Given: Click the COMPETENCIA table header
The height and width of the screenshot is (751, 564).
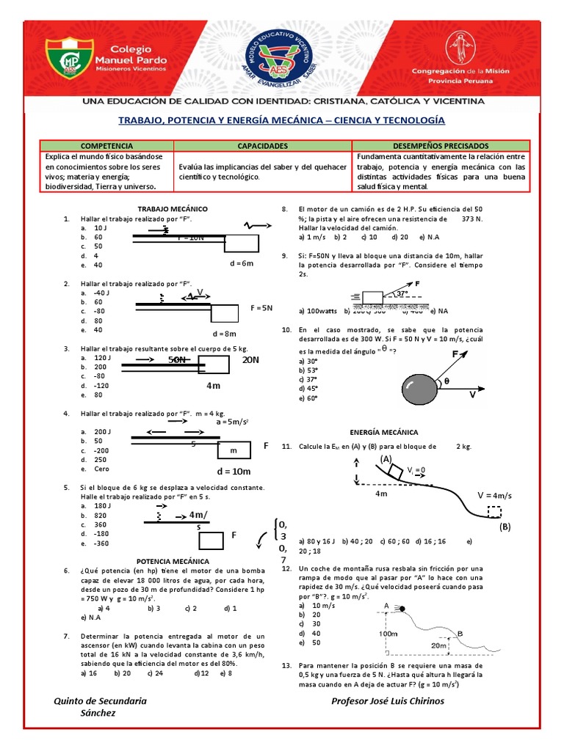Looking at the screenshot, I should point(106,146).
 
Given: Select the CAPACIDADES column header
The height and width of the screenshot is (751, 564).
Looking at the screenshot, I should point(262,146).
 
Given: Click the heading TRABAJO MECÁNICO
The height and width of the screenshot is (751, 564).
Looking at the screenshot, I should point(173,209).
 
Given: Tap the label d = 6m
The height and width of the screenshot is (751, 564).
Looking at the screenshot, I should point(241,263).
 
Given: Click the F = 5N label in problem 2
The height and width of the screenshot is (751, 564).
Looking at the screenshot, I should point(262,307).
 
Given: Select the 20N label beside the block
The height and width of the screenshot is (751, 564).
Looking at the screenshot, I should point(251,360).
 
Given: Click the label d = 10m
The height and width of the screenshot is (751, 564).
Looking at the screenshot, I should point(234,471).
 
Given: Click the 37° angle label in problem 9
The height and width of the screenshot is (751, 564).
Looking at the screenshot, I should point(402,293).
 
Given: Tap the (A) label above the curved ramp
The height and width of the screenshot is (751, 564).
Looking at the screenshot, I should point(387,458).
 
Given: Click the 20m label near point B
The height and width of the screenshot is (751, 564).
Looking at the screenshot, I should point(439,645).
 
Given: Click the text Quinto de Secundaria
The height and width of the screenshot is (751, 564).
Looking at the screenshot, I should point(101,700).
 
